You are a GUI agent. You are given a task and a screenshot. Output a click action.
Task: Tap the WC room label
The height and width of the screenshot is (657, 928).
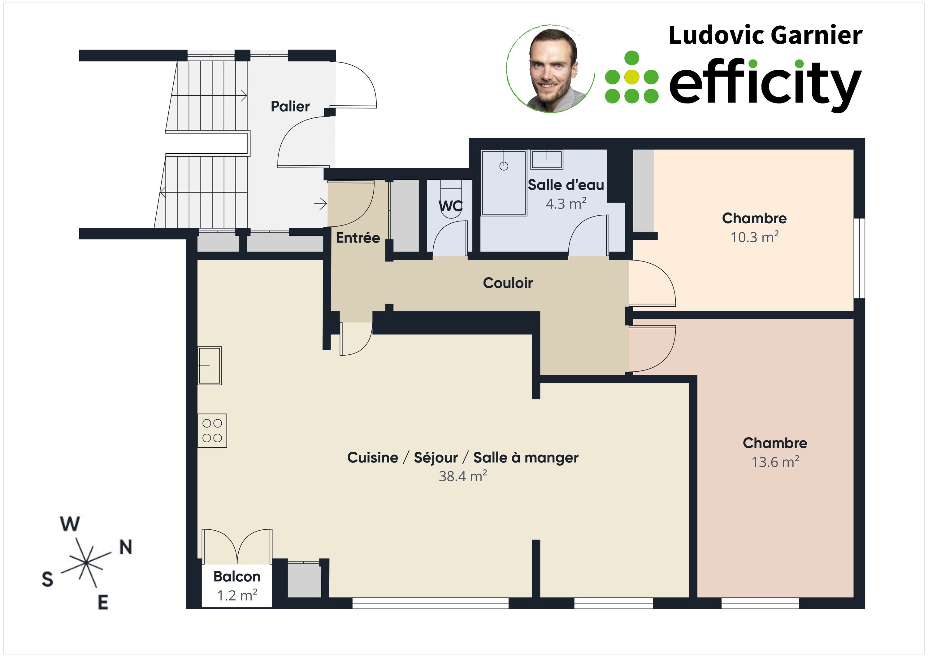point(450,206)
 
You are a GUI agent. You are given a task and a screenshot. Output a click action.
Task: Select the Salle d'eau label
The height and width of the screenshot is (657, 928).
point(566,185)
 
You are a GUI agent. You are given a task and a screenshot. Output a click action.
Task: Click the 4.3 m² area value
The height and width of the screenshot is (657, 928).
point(566,204)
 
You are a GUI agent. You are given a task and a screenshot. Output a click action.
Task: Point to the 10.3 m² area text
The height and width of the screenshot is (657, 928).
point(754,237)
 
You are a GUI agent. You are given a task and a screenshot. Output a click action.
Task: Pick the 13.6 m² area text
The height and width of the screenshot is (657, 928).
point(775,462)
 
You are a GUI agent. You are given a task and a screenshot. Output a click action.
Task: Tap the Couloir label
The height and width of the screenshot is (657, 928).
point(508,283)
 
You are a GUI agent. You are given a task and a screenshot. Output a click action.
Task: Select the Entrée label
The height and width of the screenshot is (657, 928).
point(358,238)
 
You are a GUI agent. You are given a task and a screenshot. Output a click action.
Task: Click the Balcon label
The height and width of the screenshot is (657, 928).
point(237,576)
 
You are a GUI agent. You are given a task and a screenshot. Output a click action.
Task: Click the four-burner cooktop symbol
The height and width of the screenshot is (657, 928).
point(212,431)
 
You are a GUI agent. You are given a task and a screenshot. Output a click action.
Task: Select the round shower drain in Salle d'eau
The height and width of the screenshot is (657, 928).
point(504,166)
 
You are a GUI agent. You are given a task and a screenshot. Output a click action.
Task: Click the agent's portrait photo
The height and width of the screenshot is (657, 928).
point(550,69)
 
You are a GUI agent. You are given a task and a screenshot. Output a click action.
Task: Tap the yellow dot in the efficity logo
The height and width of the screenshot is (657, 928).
point(632,77)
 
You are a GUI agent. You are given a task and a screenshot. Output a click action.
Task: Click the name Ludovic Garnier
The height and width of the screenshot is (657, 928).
point(765,35)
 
